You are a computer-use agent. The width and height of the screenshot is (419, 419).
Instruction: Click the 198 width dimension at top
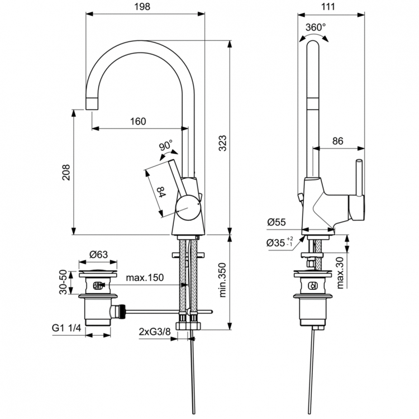(x=145, y=7)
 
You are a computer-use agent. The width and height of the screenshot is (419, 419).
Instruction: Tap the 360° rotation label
(x=316, y=26)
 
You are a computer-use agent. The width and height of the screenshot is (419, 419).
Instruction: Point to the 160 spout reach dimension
(x=139, y=121)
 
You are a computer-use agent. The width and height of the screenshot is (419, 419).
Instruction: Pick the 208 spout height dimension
(x=66, y=173)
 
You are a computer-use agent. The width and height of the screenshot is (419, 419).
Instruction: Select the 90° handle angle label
(x=166, y=146)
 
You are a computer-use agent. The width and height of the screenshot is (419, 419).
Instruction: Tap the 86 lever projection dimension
(x=337, y=141)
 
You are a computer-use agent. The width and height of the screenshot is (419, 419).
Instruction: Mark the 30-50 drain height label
(x=66, y=282)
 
